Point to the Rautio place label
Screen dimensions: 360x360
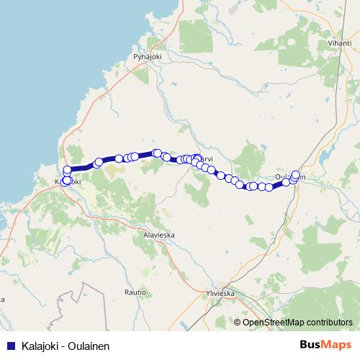point(135,292)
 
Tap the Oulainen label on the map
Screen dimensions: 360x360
point(290,176)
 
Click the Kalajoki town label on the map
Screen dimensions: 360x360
point(68,182)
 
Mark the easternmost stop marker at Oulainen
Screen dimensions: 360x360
point(295,175)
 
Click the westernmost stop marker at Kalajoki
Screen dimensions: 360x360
point(66,181)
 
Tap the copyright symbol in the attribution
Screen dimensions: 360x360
point(237,323)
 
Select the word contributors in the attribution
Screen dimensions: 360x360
point(330,323)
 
